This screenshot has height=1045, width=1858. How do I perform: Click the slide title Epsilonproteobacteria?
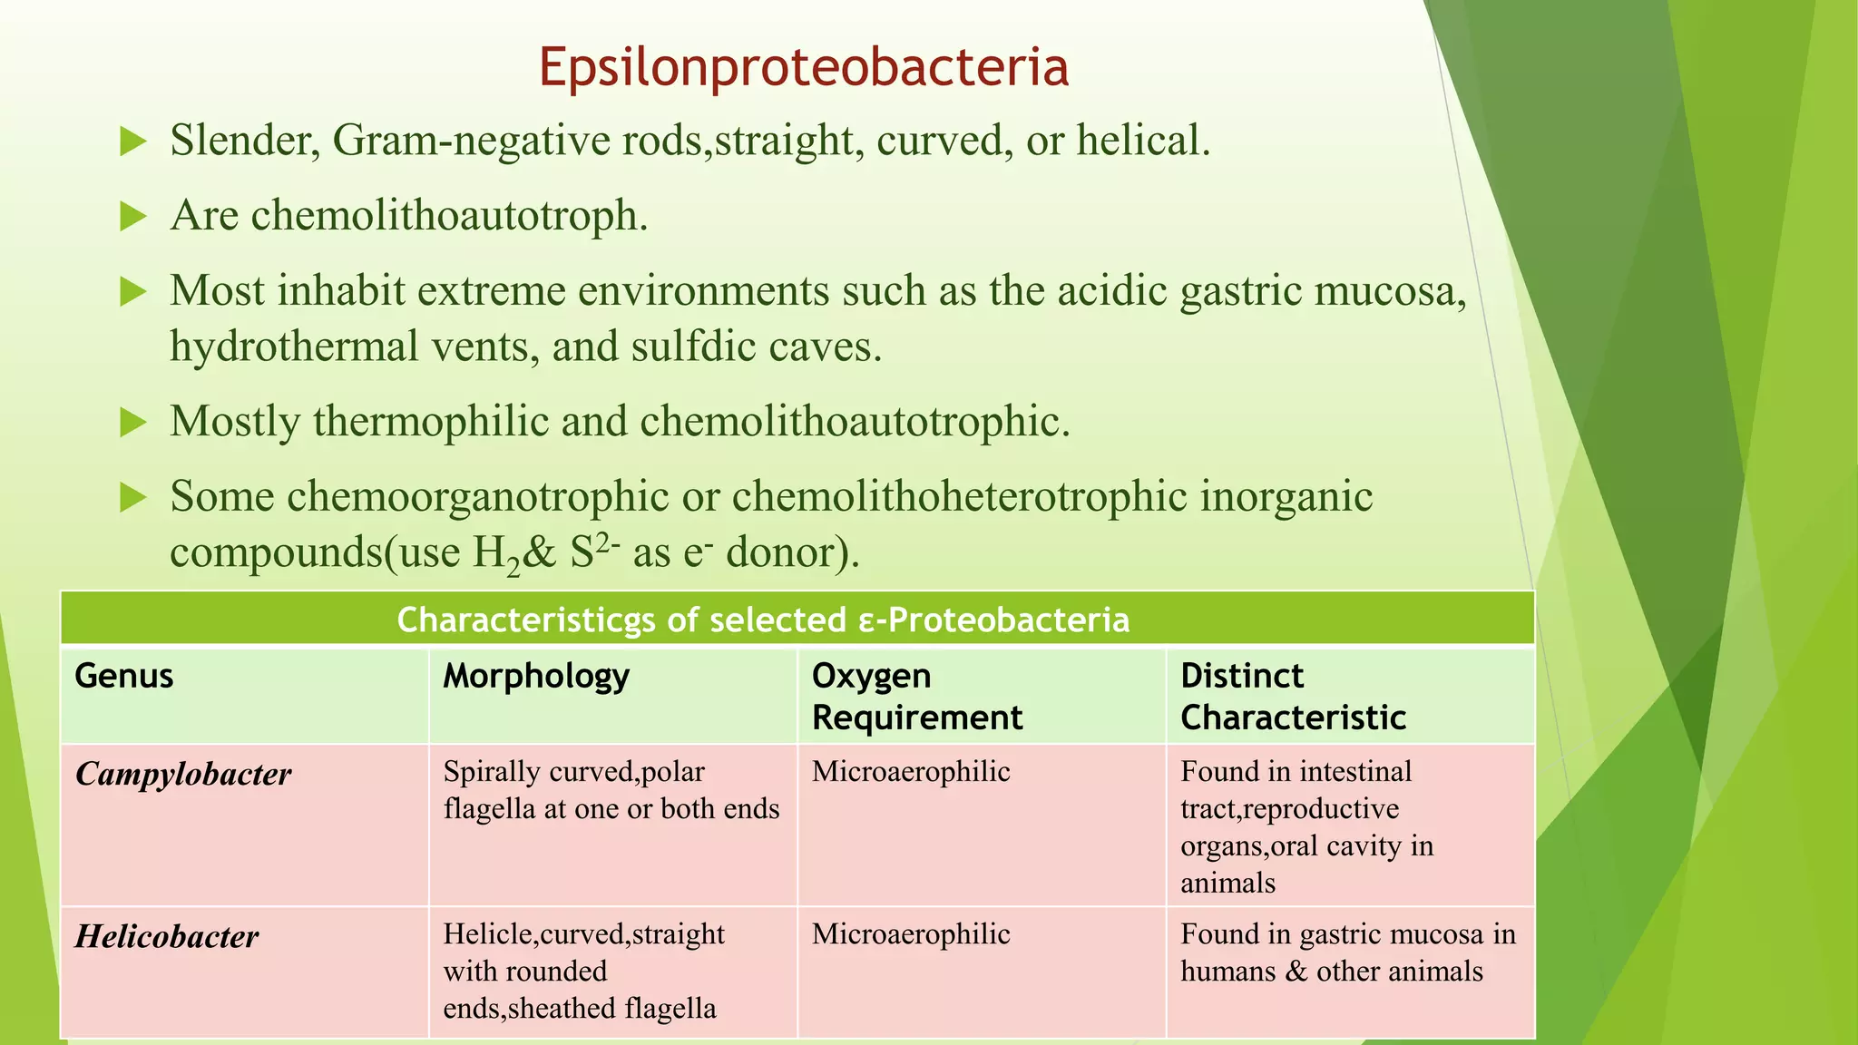(x=804, y=67)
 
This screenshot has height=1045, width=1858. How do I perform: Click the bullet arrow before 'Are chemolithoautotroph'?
(x=133, y=217)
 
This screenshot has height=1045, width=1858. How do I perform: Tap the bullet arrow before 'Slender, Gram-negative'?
(x=133, y=142)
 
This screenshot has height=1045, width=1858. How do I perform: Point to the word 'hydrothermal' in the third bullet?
(x=294, y=347)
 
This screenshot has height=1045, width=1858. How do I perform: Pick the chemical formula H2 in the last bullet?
(x=496, y=552)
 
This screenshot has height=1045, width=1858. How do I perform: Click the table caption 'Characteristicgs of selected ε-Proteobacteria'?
(x=763, y=620)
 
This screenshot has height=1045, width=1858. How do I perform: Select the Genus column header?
(x=124, y=676)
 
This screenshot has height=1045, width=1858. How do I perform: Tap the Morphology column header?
(x=536, y=677)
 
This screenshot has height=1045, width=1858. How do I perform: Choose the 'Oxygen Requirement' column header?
(x=916, y=697)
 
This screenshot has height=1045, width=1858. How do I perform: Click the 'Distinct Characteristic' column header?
(x=1293, y=697)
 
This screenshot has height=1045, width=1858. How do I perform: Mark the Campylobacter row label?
(x=183, y=774)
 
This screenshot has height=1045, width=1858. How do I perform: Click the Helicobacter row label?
(x=167, y=936)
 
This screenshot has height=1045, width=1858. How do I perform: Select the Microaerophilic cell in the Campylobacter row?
(x=911, y=772)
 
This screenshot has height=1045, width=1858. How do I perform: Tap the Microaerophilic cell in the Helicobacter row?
(x=911, y=934)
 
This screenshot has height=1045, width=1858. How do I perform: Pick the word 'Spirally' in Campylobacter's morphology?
(x=478, y=772)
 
